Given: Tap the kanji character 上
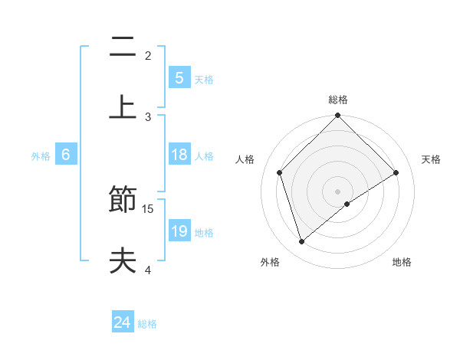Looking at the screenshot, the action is pyautogui.click(x=123, y=106).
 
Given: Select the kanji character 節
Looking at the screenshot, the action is pyautogui.click(x=123, y=201).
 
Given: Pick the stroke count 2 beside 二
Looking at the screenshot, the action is pyautogui.click(x=148, y=55).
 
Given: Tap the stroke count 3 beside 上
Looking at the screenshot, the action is pyautogui.click(x=148, y=116).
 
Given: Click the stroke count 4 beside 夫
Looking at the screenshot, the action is pyautogui.click(x=148, y=270).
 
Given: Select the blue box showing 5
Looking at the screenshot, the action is pyautogui.click(x=179, y=78).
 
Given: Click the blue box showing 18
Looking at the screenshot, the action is pyautogui.click(x=179, y=155).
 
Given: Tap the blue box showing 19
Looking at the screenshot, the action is pyautogui.click(x=179, y=231).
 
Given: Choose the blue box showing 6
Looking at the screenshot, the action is pyautogui.click(x=66, y=155).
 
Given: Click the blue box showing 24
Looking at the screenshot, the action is pyautogui.click(x=122, y=322).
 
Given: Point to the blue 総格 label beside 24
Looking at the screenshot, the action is pyautogui.click(x=147, y=324).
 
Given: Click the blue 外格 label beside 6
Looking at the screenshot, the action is pyautogui.click(x=41, y=156).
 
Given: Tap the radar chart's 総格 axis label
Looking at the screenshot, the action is pyautogui.click(x=338, y=100).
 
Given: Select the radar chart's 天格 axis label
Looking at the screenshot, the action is pyautogui.click(x=432, y=159).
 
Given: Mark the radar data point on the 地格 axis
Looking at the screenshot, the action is pyautogui.click(x=347, y=204).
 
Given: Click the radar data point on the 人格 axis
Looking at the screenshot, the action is pyautogui.click(x=280, y=172).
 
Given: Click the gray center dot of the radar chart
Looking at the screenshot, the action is pyautogui.click(x=338, y=191).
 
